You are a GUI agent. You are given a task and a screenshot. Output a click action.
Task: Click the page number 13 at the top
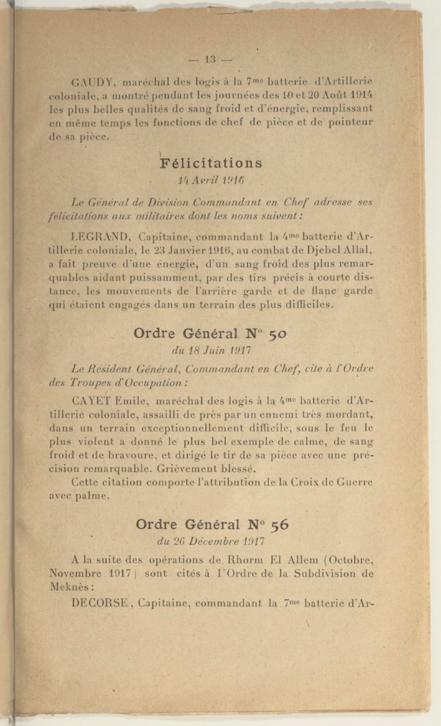click(x=211, y=59)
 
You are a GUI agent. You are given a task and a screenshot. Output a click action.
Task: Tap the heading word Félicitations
click(x=211, y=163)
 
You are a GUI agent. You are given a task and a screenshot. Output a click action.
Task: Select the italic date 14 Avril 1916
click(x=211, y=180)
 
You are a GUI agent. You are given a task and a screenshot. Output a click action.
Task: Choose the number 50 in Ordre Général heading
click(x=277, y=334)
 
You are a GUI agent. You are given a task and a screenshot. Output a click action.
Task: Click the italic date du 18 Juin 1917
click(x=211, y=350)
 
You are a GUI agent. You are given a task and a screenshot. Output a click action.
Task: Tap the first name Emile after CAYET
click(x=132, y=401)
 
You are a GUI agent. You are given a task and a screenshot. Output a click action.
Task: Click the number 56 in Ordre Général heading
click(x=279, y=525)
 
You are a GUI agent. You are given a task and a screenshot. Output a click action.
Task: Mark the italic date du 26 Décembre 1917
click(x=211, y=541)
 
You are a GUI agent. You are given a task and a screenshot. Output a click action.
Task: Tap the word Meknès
click(x=71, y=587)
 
